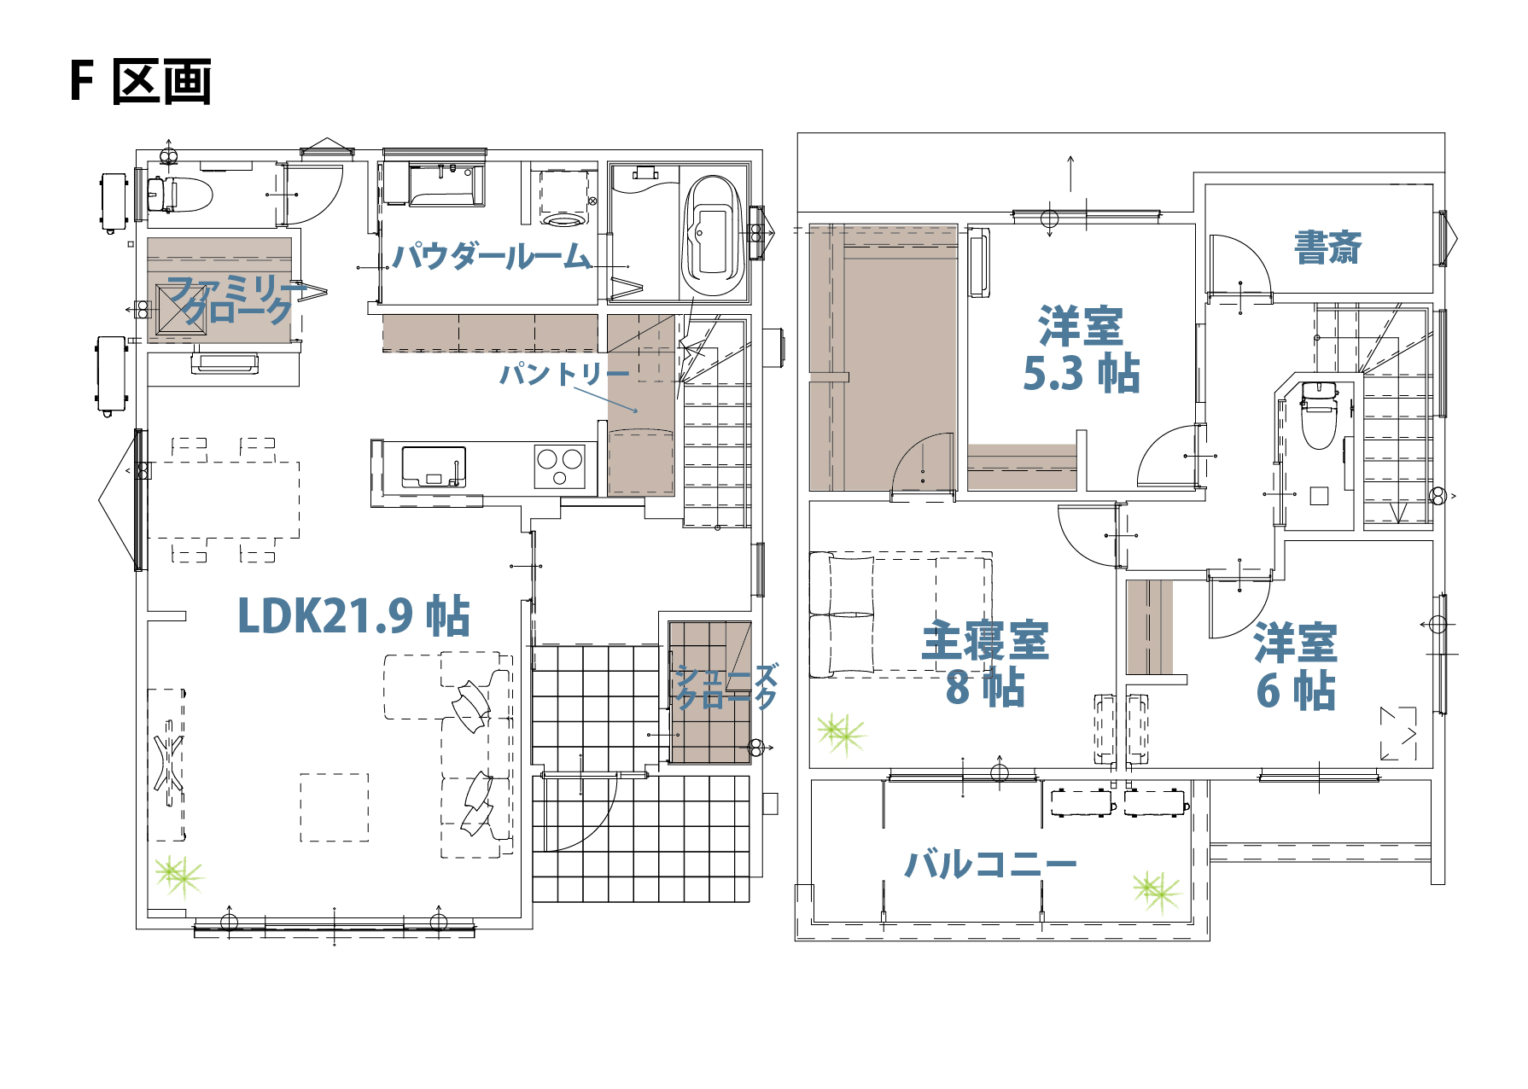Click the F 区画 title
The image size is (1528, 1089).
(x=141, y=81)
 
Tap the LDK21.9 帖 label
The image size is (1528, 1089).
(x=353, y=615)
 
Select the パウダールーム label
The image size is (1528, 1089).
(x=492, y=256)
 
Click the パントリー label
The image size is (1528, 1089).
(x=564, y=374)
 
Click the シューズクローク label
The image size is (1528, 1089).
(x=726, y=687)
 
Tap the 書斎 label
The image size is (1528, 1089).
(x=1327, y=247)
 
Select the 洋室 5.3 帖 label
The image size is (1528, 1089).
(x=1081, y=350)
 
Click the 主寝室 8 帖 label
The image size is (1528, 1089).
(x=985, y=664)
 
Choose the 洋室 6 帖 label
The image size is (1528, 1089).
(x=1296, y=667)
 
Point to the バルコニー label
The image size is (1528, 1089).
(x=991, y=865)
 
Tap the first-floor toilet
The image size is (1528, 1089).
(x=179, y=195)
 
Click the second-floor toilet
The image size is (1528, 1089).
(x=1319, y=415)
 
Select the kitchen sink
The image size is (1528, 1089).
(x=434, y=467)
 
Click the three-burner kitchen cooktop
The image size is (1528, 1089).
(x=560, y=467)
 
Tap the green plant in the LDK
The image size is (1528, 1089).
(x=179, y=875)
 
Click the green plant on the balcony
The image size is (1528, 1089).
(x=1157, y=891)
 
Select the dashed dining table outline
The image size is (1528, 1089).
(x=224, y=500)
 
